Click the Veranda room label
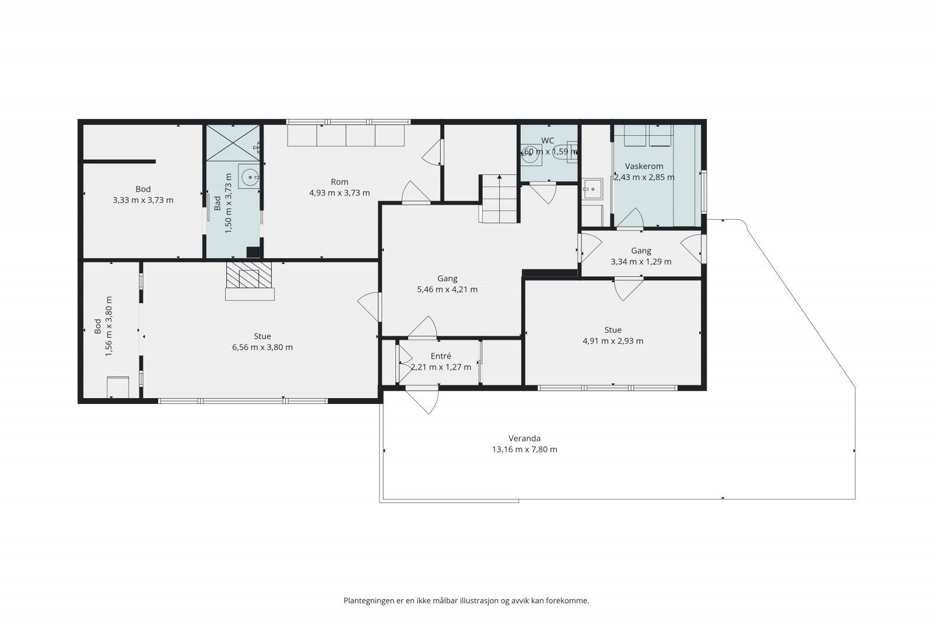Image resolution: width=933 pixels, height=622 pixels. (524, 438)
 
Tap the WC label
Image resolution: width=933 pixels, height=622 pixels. (548, 140)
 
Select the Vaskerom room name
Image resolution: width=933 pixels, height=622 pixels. (644, 166)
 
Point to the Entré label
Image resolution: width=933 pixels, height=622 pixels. (441, 356)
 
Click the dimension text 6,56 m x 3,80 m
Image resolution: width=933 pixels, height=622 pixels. (262, 347)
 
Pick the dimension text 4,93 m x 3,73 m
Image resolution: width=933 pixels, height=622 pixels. (339, 193)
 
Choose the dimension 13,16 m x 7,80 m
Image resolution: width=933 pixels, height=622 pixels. (524, 449)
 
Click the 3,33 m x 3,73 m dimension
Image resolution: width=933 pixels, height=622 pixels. (143, 201)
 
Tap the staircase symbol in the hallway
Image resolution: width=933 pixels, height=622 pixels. (499, 199)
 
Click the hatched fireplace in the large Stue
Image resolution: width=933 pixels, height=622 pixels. (249, 275)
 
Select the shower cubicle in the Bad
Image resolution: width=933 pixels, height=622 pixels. (233, 143)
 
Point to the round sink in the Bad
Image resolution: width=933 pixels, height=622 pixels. (249, 177)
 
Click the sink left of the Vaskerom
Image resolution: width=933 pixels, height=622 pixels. (592, 189)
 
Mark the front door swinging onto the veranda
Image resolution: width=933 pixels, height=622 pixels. (422, 400)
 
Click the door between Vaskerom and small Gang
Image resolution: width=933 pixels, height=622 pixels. (630, 219)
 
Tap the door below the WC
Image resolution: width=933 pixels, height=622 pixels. (542, 194)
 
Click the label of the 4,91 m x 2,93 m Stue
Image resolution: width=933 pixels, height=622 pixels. (613, 330)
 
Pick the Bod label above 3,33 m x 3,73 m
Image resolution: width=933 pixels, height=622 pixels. (143, 189)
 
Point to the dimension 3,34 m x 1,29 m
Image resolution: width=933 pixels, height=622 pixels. (641, 262)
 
